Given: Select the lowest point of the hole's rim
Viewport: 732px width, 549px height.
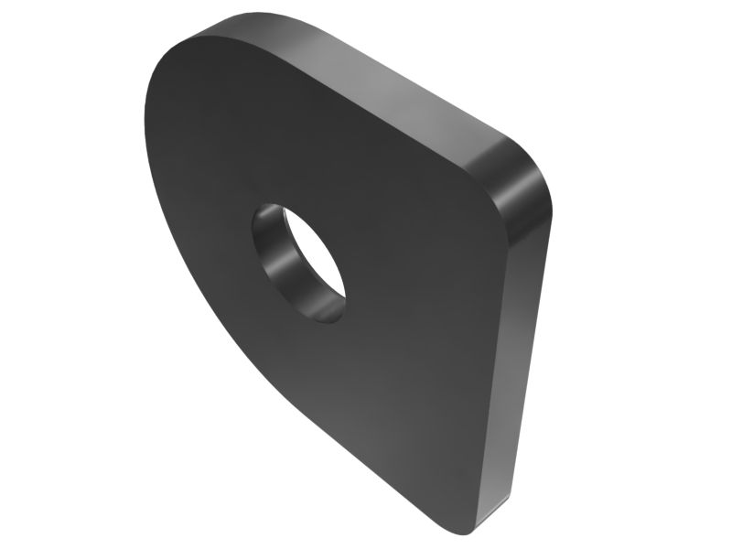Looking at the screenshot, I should (331, 323).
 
